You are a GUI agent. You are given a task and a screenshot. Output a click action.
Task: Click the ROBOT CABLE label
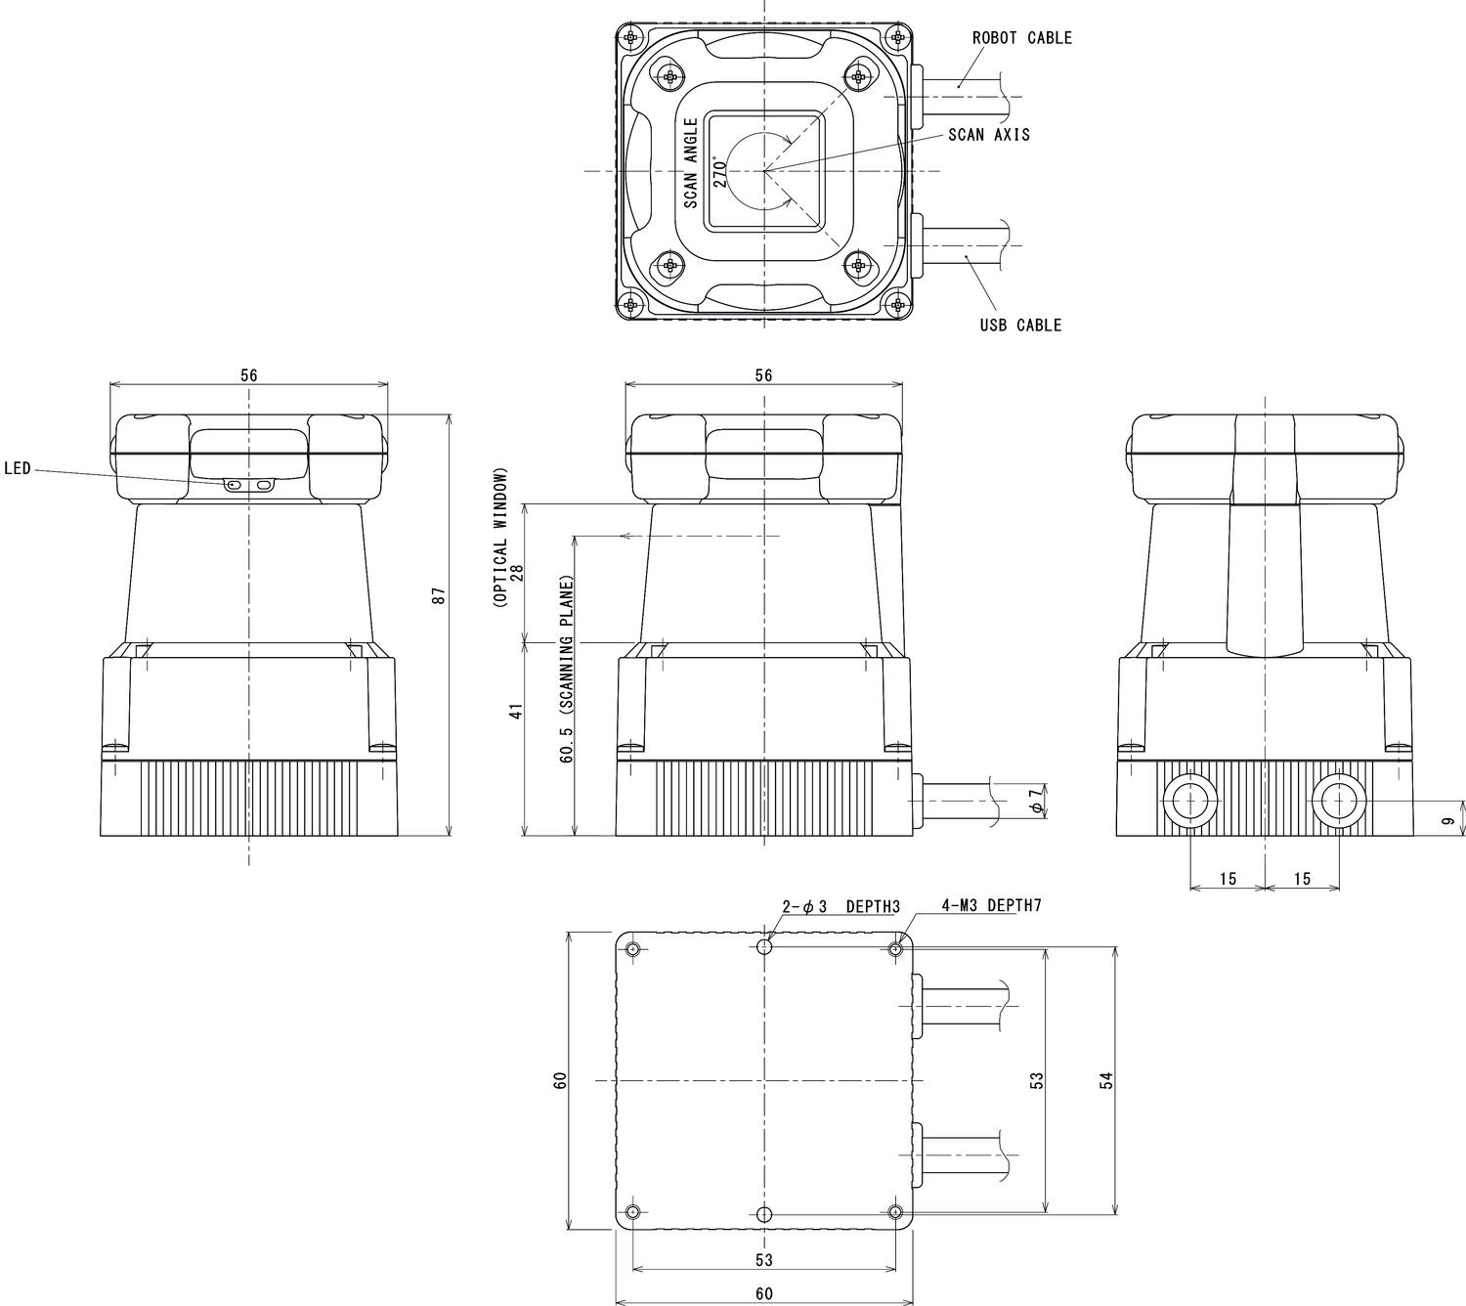tap(1021, 38)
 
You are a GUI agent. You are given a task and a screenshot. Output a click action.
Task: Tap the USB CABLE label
tap(1020, 326)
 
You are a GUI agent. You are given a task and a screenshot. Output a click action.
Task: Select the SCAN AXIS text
tap(988, 135)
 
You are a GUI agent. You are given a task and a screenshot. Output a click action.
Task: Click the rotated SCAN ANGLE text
tap(690, 163)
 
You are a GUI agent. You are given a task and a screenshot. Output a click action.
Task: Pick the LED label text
tap(18, 469)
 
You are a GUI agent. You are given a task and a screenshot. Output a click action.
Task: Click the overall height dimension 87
tap(439, 595)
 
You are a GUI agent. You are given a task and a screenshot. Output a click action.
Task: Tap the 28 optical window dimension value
tap(517, 572)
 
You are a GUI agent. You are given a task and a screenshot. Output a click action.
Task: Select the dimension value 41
tap(517, 710)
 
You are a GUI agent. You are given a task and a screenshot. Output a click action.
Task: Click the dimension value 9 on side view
tap(1447, 822)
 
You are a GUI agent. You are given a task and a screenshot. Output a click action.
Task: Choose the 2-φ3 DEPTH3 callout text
tap(840, 906)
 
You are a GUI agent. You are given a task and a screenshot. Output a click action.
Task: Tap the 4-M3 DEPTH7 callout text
tap(991, 905)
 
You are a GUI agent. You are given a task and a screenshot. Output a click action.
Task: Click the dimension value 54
tap(1106, 1080)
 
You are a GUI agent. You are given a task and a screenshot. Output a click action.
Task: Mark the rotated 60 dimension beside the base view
tap(560, 1080)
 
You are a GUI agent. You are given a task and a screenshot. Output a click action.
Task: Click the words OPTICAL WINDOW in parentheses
tap(500, 537)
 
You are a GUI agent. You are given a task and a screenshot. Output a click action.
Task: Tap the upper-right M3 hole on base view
tap(896, 949)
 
